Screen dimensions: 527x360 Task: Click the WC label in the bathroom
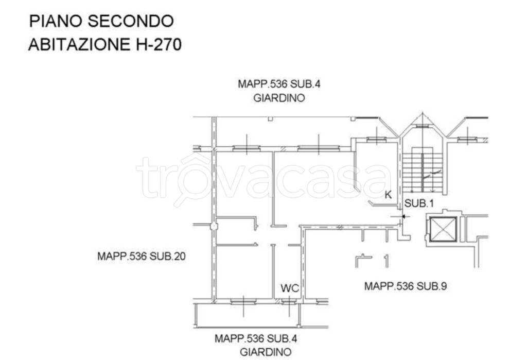pyautogui.click(x=290, y=288)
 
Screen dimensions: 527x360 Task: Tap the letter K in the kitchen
pyautogui.click(x=388, y=195)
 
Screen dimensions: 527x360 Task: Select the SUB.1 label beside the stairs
pyautogui.click(x=419, y=203)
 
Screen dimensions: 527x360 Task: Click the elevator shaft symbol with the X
pyautogui.click(x=443, y=230)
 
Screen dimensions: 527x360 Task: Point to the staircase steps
pyautogui.click(x=423, y=170)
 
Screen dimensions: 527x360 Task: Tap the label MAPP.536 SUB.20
pyautogui.click(x=142, y=256)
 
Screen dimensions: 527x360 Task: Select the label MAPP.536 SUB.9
pyautogui.click(x=406, y=286)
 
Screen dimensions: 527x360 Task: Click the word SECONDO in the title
pyautogui.click(x=131, y=21)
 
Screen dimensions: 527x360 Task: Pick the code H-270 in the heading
pyautogui.click(x=159, y=44)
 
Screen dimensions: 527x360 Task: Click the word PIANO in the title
pyautogui.click(x=57, y=21)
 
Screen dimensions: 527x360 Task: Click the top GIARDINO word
pyautogui.click(x=279, y=98)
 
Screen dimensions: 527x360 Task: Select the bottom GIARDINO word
pyautogui.click(x=266, y=352)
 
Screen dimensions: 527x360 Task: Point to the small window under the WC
pyautogui.click(x=289, y=302)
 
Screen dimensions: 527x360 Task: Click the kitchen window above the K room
pyautogui.click(x=376, y=139)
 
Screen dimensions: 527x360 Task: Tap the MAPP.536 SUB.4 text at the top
pyautogui.click(x=279, y=84)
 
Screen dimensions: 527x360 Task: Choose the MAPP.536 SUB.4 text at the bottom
pyautogui.click(x=256, y=338)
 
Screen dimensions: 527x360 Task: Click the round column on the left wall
pyautogui.click(x=214, y=227)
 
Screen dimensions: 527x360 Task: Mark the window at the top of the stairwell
pyautogui.click(x=423, y=126)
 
